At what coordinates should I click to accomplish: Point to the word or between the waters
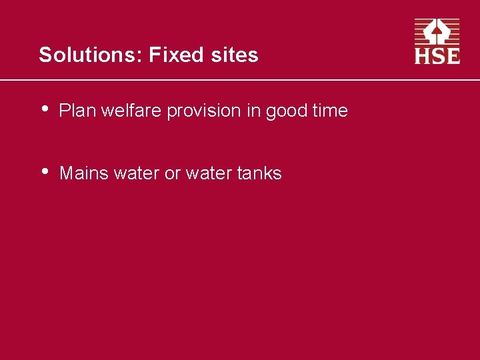tap(173, 174)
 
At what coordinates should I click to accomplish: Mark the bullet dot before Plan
tap(45, 109)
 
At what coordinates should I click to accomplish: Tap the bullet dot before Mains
tap(45, 171)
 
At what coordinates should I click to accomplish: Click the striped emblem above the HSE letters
tap(437, 32)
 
